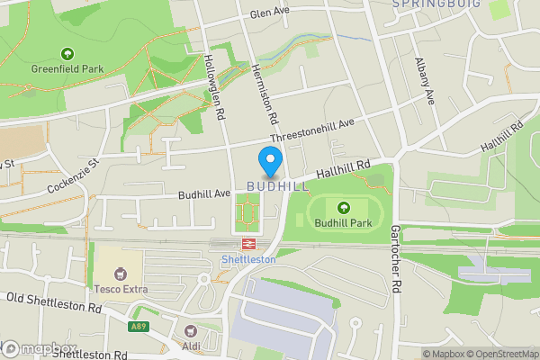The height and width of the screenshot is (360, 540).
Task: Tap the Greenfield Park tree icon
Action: [x=67, y=53]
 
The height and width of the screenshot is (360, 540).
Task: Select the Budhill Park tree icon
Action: [x=343, y=207]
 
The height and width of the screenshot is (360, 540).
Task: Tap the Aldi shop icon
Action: [x=190, y=331]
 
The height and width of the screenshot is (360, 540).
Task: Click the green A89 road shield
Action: [x=138, y=327]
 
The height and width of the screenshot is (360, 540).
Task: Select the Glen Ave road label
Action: [x=270, y=12]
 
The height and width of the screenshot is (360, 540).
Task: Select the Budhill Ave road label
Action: [x=204, y=193]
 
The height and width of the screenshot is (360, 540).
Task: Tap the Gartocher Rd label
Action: [x=393, y=258]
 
